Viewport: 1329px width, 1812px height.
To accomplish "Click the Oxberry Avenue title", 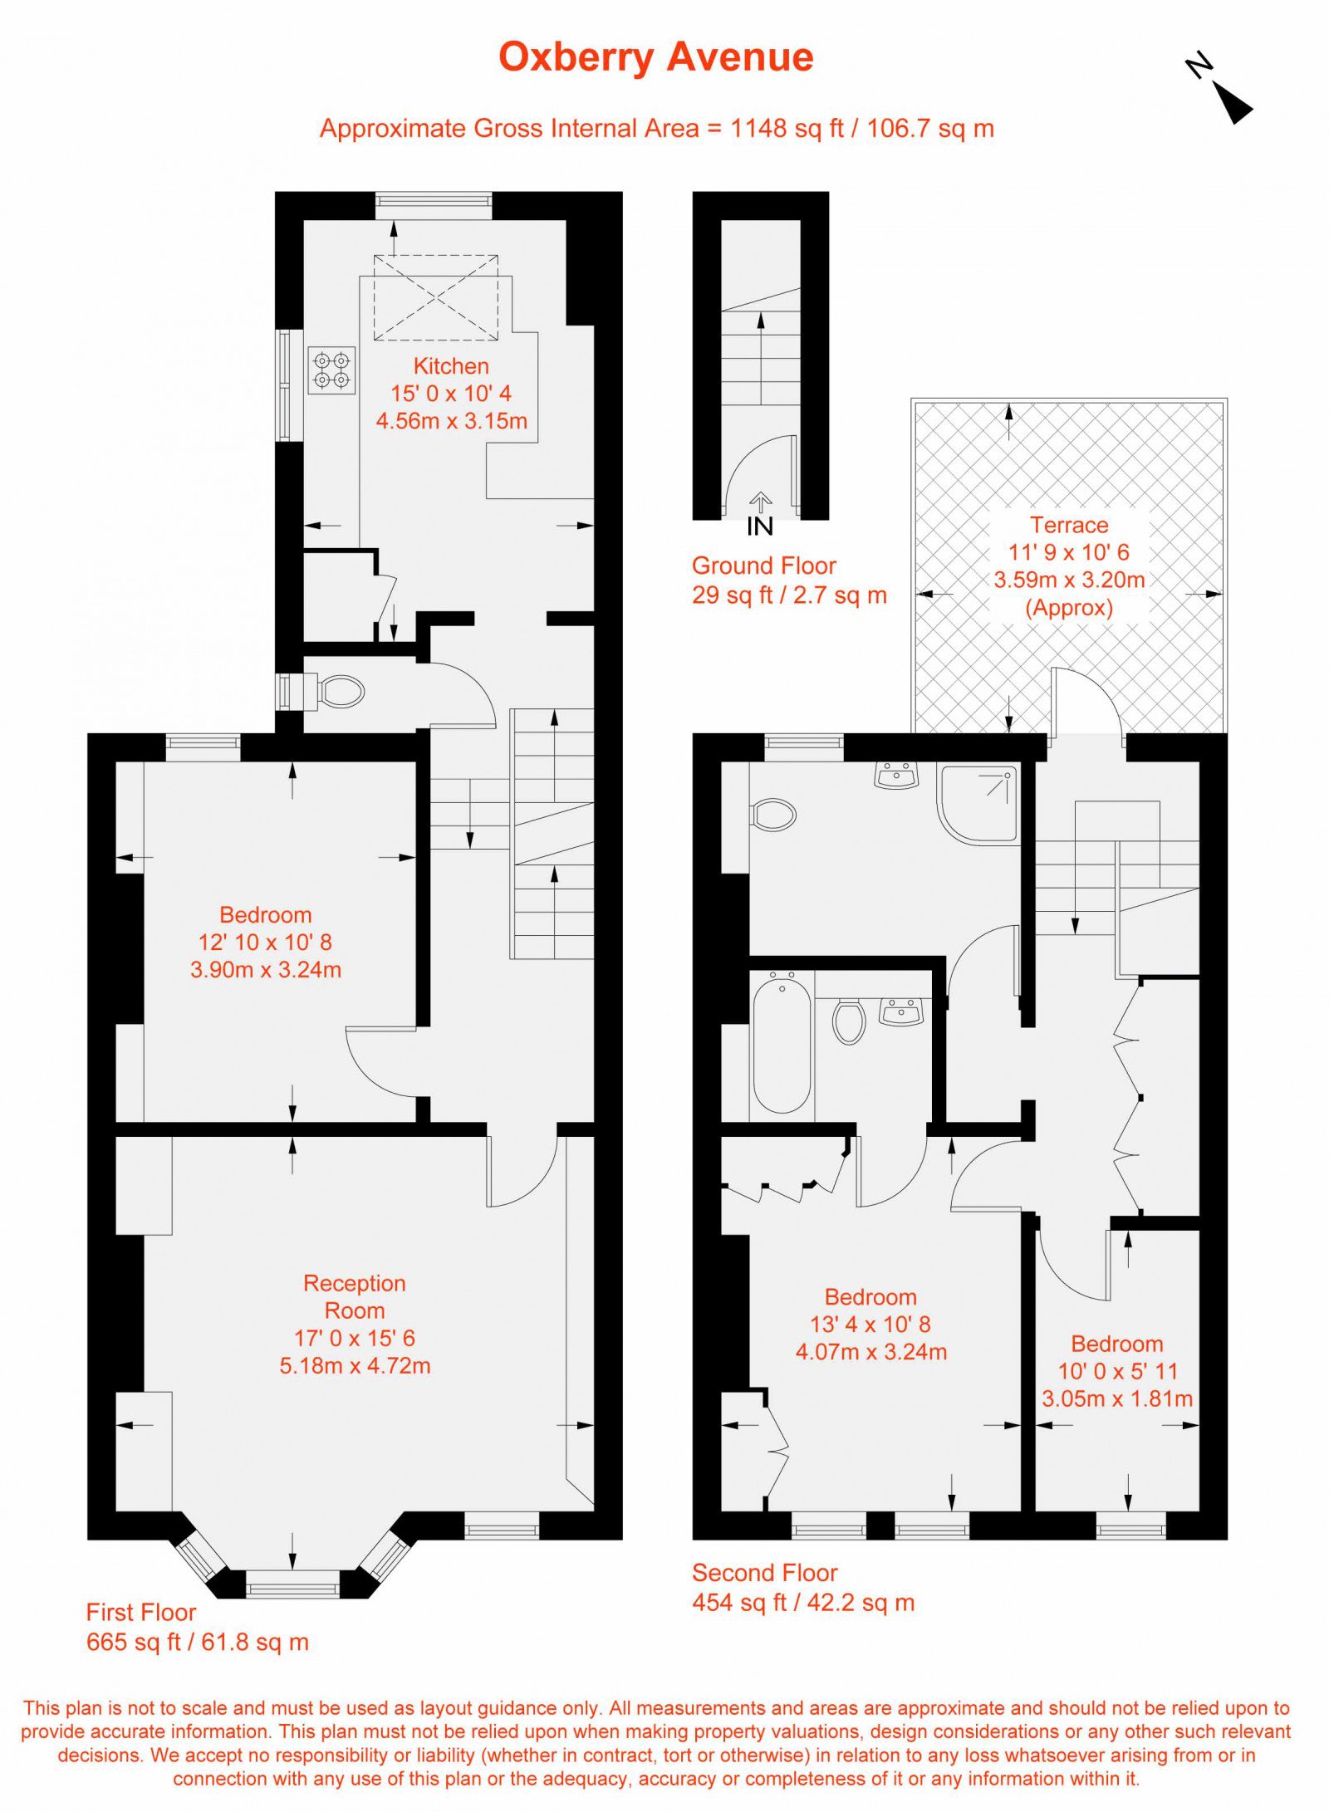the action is [655, 58].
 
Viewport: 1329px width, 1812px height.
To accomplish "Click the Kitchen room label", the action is [451, 366].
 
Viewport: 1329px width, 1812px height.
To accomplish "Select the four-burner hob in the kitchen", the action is [331, 370].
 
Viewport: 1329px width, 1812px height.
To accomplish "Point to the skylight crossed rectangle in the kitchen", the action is [435, 297].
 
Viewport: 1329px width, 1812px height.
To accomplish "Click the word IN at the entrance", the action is [759, 526].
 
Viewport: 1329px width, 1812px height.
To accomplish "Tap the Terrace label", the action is [1069, 525].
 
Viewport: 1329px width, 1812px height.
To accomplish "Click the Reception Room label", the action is [355, 1296].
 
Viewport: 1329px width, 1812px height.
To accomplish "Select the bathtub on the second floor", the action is [782, 1044].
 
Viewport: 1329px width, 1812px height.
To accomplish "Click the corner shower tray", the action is [978, 805].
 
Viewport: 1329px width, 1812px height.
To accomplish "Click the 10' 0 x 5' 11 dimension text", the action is [1117, 1371].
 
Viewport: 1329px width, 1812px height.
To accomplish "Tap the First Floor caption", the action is [141, 1613].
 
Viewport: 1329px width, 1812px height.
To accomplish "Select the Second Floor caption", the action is [765, 1573].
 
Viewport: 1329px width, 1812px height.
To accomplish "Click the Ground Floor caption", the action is [763, 566].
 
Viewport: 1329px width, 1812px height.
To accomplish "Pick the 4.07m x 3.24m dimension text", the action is [871, 1352].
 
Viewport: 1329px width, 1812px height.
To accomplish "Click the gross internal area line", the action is [657, 129].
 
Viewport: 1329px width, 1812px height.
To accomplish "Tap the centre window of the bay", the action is [293, 1584].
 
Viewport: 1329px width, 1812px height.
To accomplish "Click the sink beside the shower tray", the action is [897, 776].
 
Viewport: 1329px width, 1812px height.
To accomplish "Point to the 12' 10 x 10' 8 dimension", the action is [265, 942].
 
